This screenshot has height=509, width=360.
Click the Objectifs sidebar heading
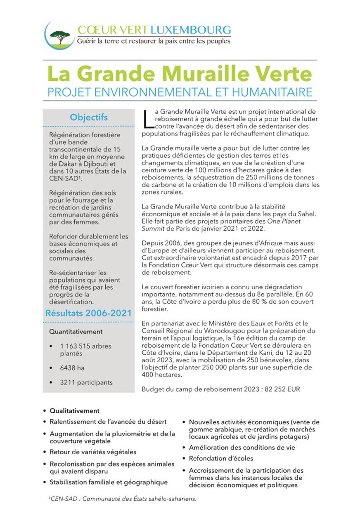(89, 117)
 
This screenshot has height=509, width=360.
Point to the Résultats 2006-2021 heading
(89, 313)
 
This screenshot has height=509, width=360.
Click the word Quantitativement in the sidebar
(76, 331)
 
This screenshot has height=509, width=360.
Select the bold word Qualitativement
(75, 411)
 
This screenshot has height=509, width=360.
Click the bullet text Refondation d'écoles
(221, 458)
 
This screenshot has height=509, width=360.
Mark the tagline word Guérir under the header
(86, 41)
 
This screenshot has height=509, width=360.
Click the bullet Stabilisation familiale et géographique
(109, 482)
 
